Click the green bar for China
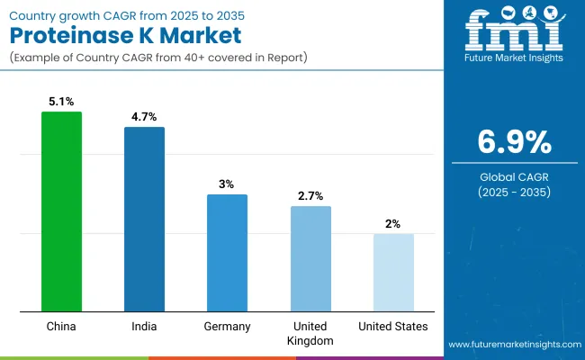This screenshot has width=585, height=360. pyautogui.click(x=61, y=212)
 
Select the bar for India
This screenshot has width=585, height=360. pyautogui.click(x=144, y=220)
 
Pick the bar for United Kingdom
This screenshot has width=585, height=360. pyautogui.click(x=310, y=259)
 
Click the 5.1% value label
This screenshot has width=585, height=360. pyautogui.click(x=61, y=101)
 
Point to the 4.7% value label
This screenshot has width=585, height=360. pyautogui.click(x=144, y=116)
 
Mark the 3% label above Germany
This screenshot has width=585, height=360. pyautogui.click(x=227, y=184)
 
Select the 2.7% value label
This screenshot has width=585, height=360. pyautogui.click(x=310, y=195)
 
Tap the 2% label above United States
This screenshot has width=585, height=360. pyautogui.click(x=393, y=223)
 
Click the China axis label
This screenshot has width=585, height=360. pyautogui.click(x=61, y=326)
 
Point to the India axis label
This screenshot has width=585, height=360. pyautogui.click(x=144, y=326)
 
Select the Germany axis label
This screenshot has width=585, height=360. pyautogui.click(x=227, y=326)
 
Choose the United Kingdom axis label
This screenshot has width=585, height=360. pyautogui.click(x=310, y=333)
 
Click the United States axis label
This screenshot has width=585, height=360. pyautogui.click(x=393, y=326)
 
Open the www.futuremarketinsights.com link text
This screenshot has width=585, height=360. pyautogui.click(x=512, y=345)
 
